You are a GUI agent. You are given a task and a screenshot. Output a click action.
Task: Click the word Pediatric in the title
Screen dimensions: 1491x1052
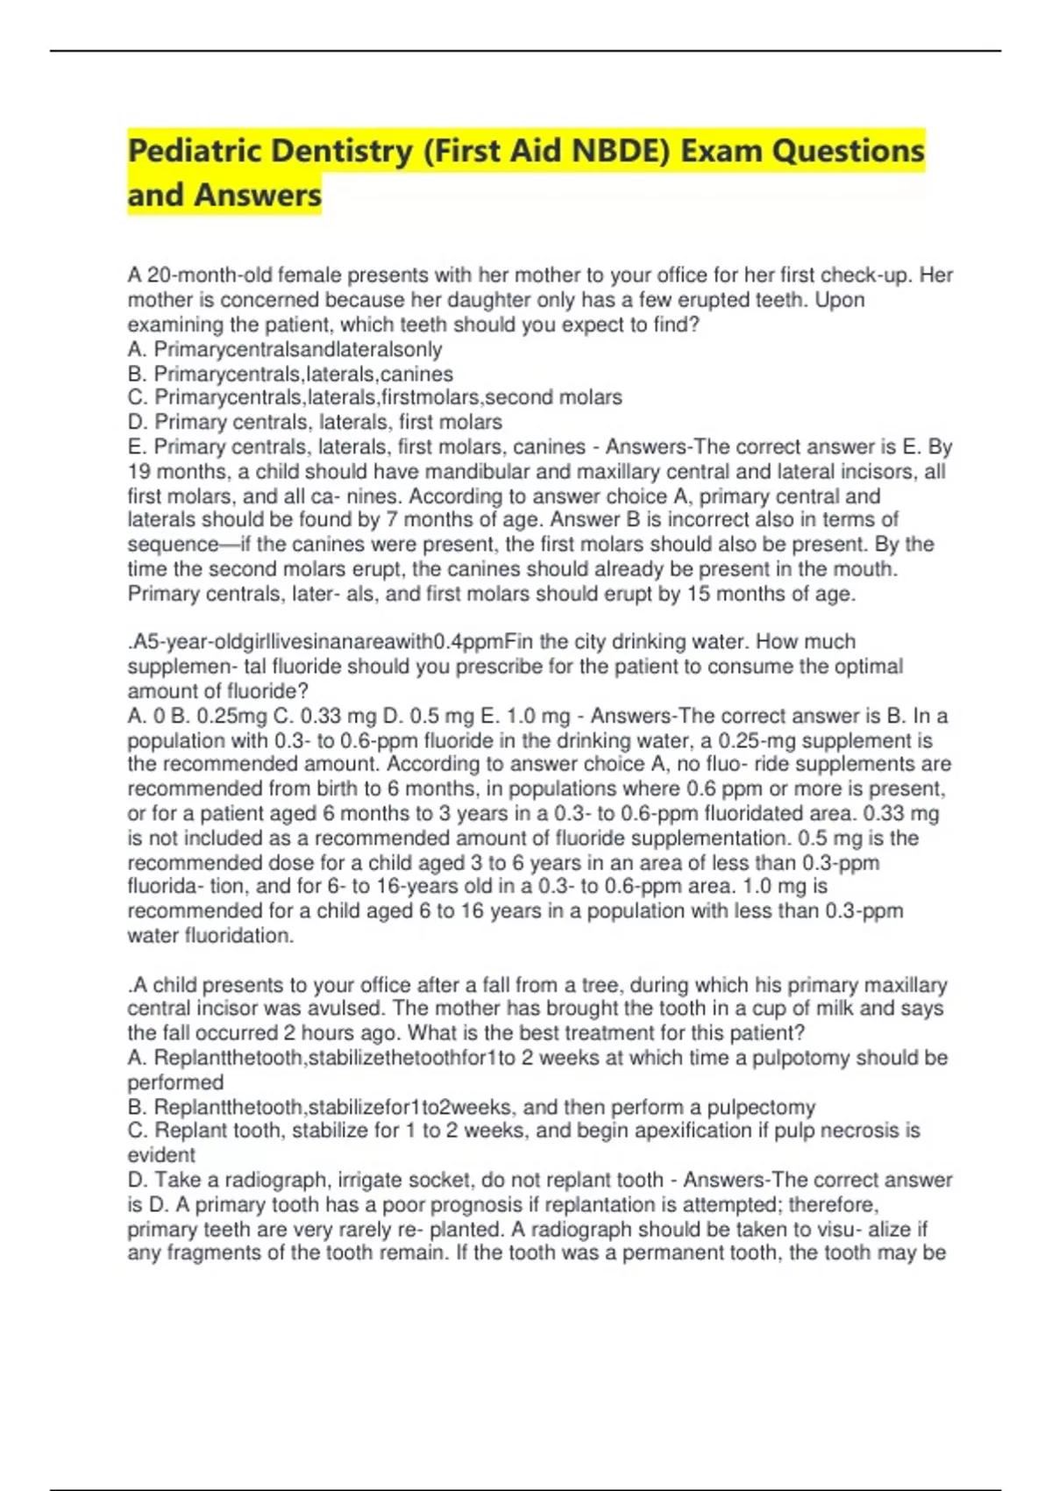tap(194, 152)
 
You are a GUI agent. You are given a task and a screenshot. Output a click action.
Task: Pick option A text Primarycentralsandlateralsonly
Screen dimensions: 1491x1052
tap(298, 350)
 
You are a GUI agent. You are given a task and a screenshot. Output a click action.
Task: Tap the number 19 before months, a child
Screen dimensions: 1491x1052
tap(139, 472)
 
